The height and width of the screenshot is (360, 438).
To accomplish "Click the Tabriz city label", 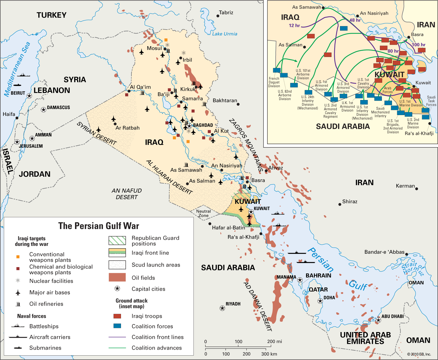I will [x=226, y=13].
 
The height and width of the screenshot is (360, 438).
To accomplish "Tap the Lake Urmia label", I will [x=224, y=34].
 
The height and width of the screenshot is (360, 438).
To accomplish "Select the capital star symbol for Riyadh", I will [x=222, y=308].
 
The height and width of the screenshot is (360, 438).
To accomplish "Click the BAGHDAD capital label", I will [x=203, y=125].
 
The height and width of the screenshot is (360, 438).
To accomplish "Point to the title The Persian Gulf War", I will [x=99, y=226].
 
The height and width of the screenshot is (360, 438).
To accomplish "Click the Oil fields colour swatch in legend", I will [x=117, y=277].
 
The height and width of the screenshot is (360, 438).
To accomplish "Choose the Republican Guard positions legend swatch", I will [x=117, y=241].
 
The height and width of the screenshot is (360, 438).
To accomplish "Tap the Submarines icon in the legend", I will [x=18, y=348].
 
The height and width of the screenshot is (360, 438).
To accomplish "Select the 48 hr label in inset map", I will [x=355, y=20].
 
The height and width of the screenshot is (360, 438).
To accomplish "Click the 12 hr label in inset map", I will [x=294, y=25].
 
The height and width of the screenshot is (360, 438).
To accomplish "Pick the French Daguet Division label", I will [x=274, y=82].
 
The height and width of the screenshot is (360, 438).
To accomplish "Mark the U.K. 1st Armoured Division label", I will [x=347, y=107].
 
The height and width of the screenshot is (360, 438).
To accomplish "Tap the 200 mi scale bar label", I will [x=275, y=341].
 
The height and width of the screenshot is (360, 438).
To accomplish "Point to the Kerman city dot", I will [x=417, y=189].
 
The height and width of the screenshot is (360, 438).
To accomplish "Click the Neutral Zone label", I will [x=203, y=213].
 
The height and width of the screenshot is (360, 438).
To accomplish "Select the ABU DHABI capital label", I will [x=393, y=316].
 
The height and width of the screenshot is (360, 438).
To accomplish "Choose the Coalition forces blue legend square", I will [x=117, y=326].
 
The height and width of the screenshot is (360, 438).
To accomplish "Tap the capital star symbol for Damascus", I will [x=43, y=110].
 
